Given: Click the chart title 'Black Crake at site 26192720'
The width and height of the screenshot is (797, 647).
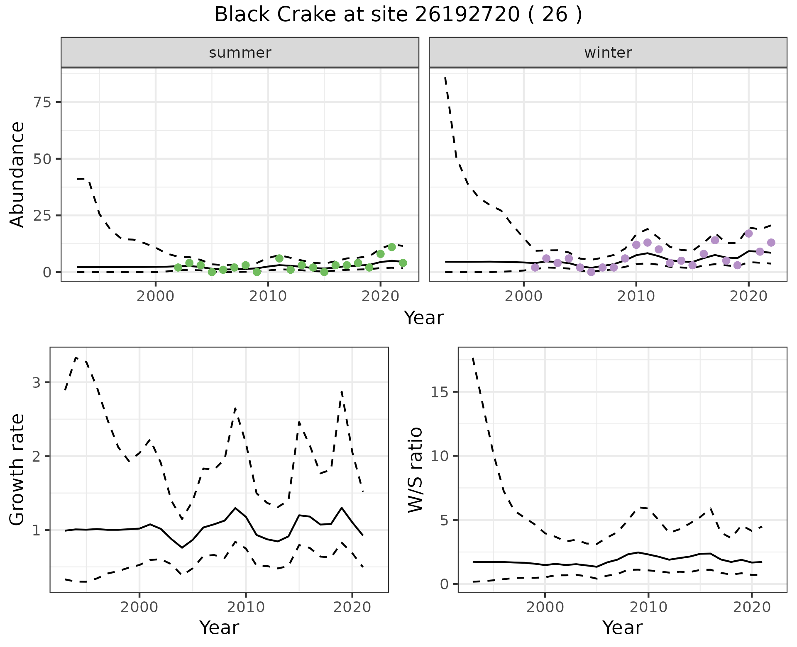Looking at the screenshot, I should pyautogui.click(x=398, y=15).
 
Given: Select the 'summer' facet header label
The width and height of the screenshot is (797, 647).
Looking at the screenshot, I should pyautogui.click(x=240, y=53).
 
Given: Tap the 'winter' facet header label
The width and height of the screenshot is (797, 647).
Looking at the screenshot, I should pyautogui.click(x=608, y=53).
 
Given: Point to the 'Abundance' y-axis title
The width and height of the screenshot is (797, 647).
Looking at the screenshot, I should pyautogui.click(x=17, y=174).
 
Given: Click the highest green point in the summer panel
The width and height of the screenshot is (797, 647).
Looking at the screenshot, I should pyautogui.click(x=391, y=247).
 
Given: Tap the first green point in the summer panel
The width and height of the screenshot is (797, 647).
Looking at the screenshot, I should pyautogui.click(x=178, y=268).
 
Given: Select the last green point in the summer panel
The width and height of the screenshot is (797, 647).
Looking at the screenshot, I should pyautogui.click(x=403, y=263).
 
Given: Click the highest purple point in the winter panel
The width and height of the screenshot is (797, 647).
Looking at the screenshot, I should pyautogui.click(x=748, y=234).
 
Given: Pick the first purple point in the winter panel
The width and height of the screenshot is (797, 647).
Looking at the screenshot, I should pyautogui.click(x=535, y=268).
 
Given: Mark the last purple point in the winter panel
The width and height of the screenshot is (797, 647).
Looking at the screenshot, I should pyautogui.click(x=771, y=243).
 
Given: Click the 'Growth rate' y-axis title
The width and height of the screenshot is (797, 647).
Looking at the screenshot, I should pyautogui.click(x=17, y=470).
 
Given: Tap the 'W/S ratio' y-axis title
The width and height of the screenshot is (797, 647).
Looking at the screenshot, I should pyautogui.click(x=415, y=470).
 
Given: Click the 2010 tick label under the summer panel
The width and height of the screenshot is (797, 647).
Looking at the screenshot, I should pyautogui.click(x=268, y=297).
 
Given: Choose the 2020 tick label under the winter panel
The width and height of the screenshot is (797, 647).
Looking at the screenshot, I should pyautogui.click(x=748, y=297).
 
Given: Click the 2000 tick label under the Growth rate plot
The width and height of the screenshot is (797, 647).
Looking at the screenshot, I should pyautogui.click(x=139, y=608).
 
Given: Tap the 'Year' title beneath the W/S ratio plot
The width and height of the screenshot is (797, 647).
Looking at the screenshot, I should pyautogui.click(x=622, y=628).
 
